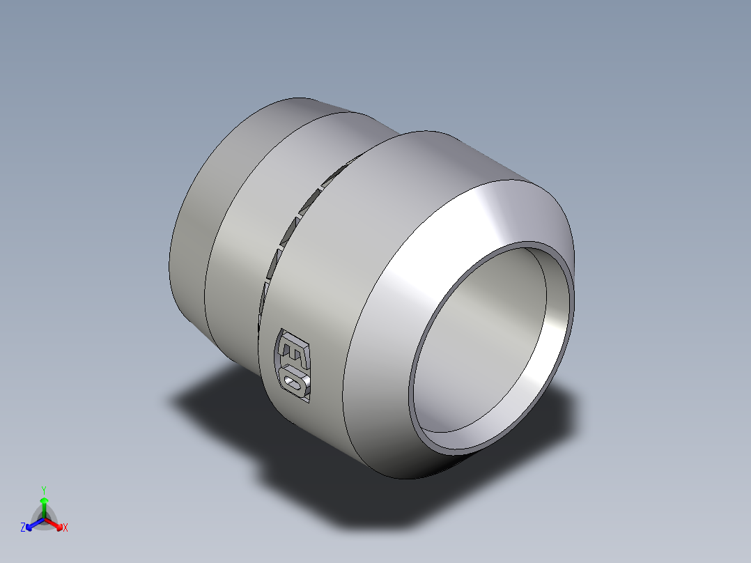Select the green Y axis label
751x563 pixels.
click(x=44, y=490)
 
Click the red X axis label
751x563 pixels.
click(x=65, y=528)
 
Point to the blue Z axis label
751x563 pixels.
click(x=23, y=528)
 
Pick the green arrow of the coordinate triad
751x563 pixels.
click(x=44, y=504)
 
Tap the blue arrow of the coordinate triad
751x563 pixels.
click(x=32, y=525)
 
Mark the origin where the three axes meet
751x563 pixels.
click(x=44, y=519)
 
